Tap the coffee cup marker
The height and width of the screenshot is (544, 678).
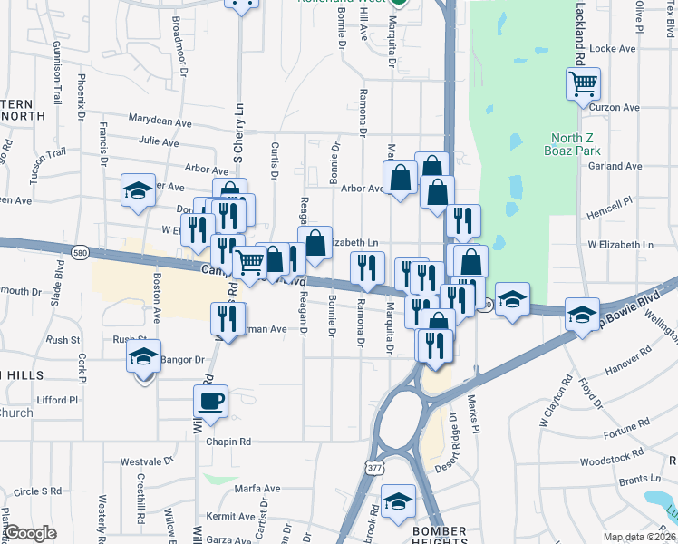[x=211, y=402]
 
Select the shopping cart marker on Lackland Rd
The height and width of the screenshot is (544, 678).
[x=584, y=85]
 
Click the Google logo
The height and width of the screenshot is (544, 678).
[x=30, y=533]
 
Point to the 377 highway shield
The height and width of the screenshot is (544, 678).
[x=374, y=468]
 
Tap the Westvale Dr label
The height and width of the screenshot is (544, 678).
[x=146, y=460]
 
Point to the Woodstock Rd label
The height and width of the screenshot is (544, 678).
[x=609, y=461]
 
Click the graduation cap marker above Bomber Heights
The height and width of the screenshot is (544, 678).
[x=398, y=501]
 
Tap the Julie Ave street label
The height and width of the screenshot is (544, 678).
[x=159, y=141]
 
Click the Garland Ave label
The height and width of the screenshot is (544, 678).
[x=615, y=166]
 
